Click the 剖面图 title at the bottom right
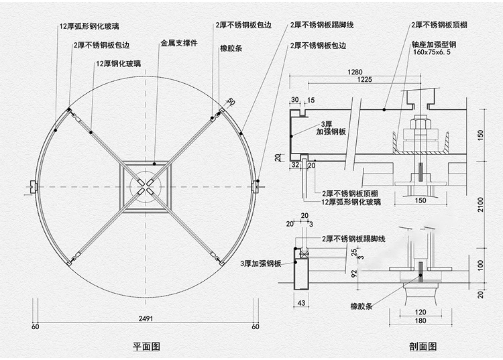coord(422,347)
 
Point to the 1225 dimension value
coord(364,80)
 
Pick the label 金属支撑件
coord(178,44)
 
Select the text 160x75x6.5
coord(433,52)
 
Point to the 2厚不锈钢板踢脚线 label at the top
coord(322,26)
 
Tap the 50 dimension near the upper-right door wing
coord(231,102)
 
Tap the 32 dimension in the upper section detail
coord(295,163)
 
